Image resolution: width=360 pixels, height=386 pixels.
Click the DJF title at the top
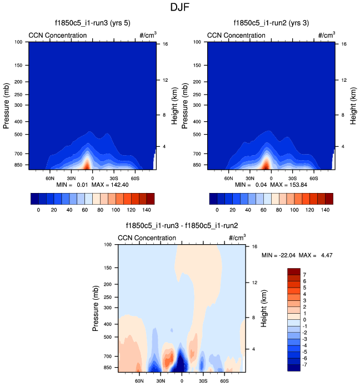click(179, 8)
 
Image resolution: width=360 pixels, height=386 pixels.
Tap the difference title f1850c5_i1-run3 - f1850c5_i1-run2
click(182, 226)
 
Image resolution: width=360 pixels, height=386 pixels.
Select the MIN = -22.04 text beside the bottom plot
click(278, 255)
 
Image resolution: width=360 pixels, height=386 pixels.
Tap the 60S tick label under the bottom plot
click(224, 382)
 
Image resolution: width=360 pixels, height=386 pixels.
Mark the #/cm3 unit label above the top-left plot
click(148, 35)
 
